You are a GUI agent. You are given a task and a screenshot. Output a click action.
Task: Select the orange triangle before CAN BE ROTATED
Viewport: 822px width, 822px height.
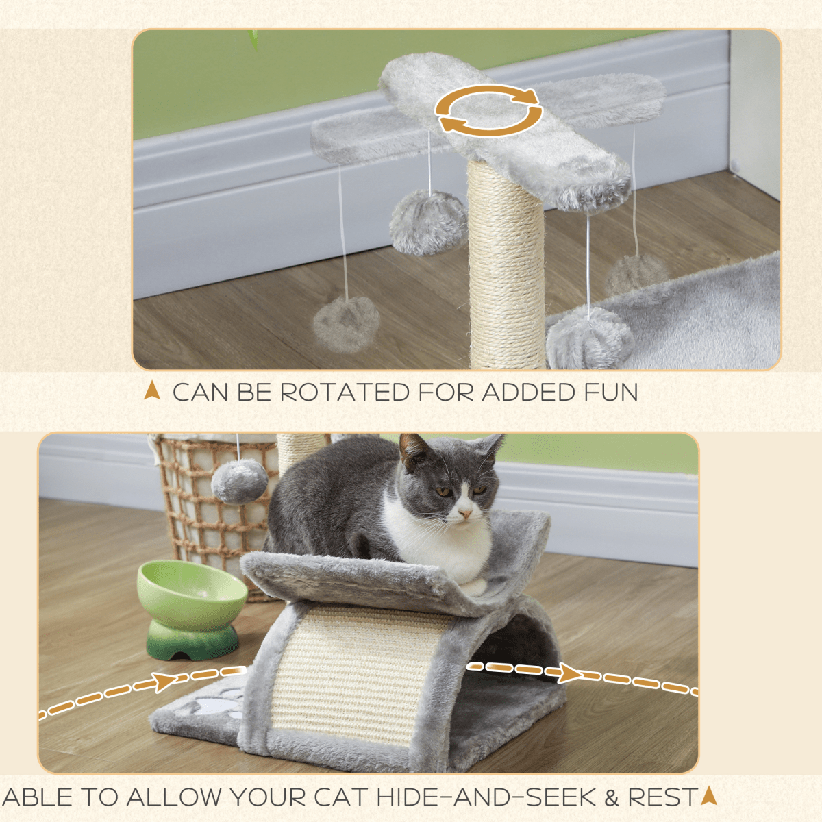point(152,391)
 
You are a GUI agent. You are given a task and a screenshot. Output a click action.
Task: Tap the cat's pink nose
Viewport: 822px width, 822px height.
point(465,512)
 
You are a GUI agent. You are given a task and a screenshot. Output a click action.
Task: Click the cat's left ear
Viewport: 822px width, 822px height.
point(414,451)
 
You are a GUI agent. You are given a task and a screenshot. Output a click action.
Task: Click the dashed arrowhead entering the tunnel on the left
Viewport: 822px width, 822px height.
point(165,682)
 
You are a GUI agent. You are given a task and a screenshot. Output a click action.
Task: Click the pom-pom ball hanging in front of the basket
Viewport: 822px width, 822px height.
point(239,481)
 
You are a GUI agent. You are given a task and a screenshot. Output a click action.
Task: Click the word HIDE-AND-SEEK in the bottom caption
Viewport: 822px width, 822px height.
point(486,797)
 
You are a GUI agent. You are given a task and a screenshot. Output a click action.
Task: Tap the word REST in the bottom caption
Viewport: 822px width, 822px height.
point(662,797)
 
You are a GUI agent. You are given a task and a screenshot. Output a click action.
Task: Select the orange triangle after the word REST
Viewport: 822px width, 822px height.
point(708,796)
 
